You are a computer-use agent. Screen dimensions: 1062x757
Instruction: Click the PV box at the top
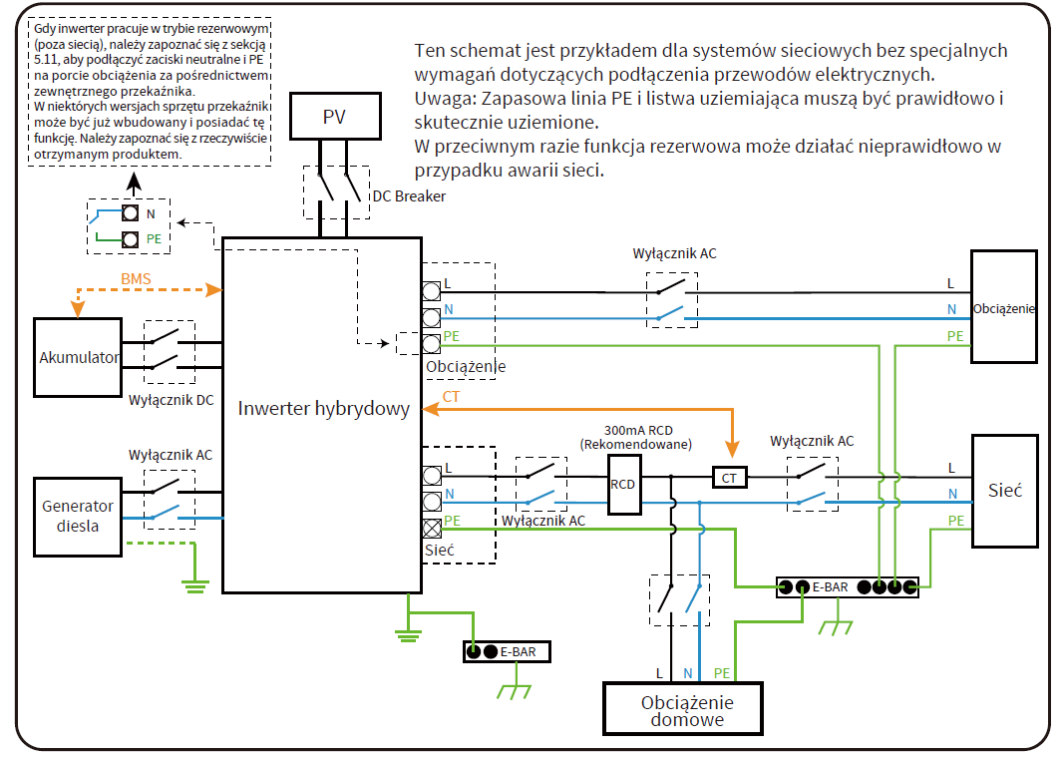click(335, 116)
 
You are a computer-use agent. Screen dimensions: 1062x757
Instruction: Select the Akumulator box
click(78, 357)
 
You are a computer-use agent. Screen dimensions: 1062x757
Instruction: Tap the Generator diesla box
click(78, 517)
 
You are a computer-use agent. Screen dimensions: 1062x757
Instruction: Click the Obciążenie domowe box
click(683, 709)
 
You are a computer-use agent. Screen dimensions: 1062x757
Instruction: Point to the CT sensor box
click(730, 478)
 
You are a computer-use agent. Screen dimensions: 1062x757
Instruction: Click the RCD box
click(624, 485)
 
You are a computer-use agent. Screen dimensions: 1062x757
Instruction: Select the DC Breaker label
click(409, 196)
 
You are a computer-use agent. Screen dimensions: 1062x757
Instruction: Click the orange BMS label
click(136, 278)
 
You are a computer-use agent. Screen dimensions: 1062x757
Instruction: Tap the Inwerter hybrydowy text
click(324, 409)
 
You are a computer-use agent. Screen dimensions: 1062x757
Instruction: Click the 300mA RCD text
click(638, 430)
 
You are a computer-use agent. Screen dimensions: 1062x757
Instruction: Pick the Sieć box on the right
click(1005, 491)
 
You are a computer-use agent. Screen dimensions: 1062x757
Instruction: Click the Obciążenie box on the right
click(1004, 307)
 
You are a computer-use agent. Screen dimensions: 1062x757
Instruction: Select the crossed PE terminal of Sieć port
click(432, 528)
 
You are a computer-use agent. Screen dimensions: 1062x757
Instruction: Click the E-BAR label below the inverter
click(519, 652)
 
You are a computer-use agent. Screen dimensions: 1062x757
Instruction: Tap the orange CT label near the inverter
click(451, 397)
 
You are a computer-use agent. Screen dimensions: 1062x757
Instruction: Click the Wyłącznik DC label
click(172, 401)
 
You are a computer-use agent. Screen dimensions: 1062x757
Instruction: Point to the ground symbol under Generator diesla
click(195, 586)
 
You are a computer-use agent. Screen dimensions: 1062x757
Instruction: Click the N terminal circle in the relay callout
click(130, 213)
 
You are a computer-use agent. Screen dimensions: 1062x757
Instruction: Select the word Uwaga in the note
click(445, 99)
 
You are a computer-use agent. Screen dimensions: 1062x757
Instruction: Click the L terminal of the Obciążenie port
click(432, 291)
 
